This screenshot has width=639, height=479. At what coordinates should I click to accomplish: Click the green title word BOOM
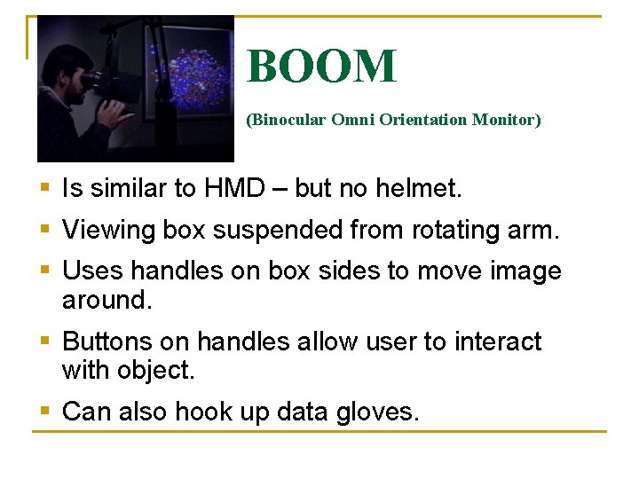tap(321, 67)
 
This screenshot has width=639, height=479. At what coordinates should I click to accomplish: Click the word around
tap(106, 300)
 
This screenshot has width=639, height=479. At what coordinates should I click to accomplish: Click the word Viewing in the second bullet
tap(108, 230)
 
